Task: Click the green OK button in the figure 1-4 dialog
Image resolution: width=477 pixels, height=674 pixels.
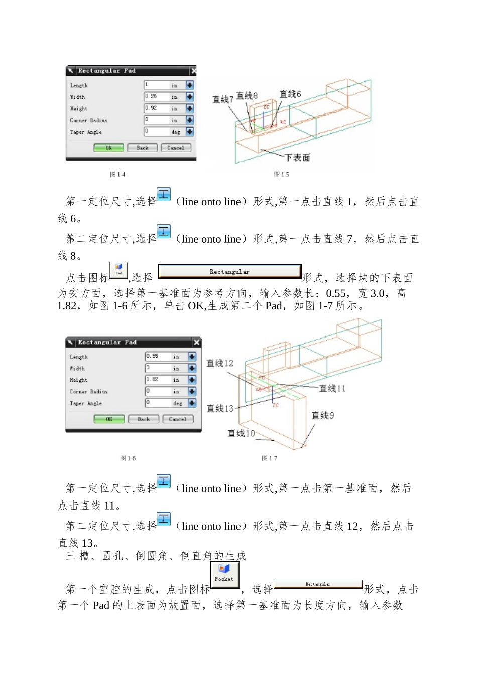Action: point(108,148)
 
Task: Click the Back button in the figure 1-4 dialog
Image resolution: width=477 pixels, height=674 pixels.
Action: point(142,148)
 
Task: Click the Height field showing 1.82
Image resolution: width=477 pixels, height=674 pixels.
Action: point(158,380)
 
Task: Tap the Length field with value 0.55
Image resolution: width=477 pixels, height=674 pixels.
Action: point(158,356)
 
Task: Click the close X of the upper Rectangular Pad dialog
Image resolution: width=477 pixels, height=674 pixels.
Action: point(194,71)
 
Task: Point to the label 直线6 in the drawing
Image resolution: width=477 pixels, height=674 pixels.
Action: point(290,94)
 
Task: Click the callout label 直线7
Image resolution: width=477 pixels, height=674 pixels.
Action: point(222,99)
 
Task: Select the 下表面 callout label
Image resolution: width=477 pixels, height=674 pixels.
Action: point(297,158)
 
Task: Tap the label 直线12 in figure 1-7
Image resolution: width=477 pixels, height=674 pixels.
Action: point(220,363)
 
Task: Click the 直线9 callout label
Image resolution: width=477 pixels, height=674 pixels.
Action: point(323,415)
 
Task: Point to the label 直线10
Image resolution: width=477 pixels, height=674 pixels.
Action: point(241,433)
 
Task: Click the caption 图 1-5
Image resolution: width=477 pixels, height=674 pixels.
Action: point(281,174)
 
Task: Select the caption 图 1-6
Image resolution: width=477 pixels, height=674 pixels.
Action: point(128,458)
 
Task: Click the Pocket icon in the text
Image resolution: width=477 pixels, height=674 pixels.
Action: point(224,573)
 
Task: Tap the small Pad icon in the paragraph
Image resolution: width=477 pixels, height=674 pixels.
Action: point(118,270)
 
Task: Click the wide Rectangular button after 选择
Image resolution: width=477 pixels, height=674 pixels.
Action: point(229,271)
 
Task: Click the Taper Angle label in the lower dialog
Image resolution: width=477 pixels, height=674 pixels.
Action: point(86,403)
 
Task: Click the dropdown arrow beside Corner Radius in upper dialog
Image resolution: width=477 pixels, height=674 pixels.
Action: point(189,120)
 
